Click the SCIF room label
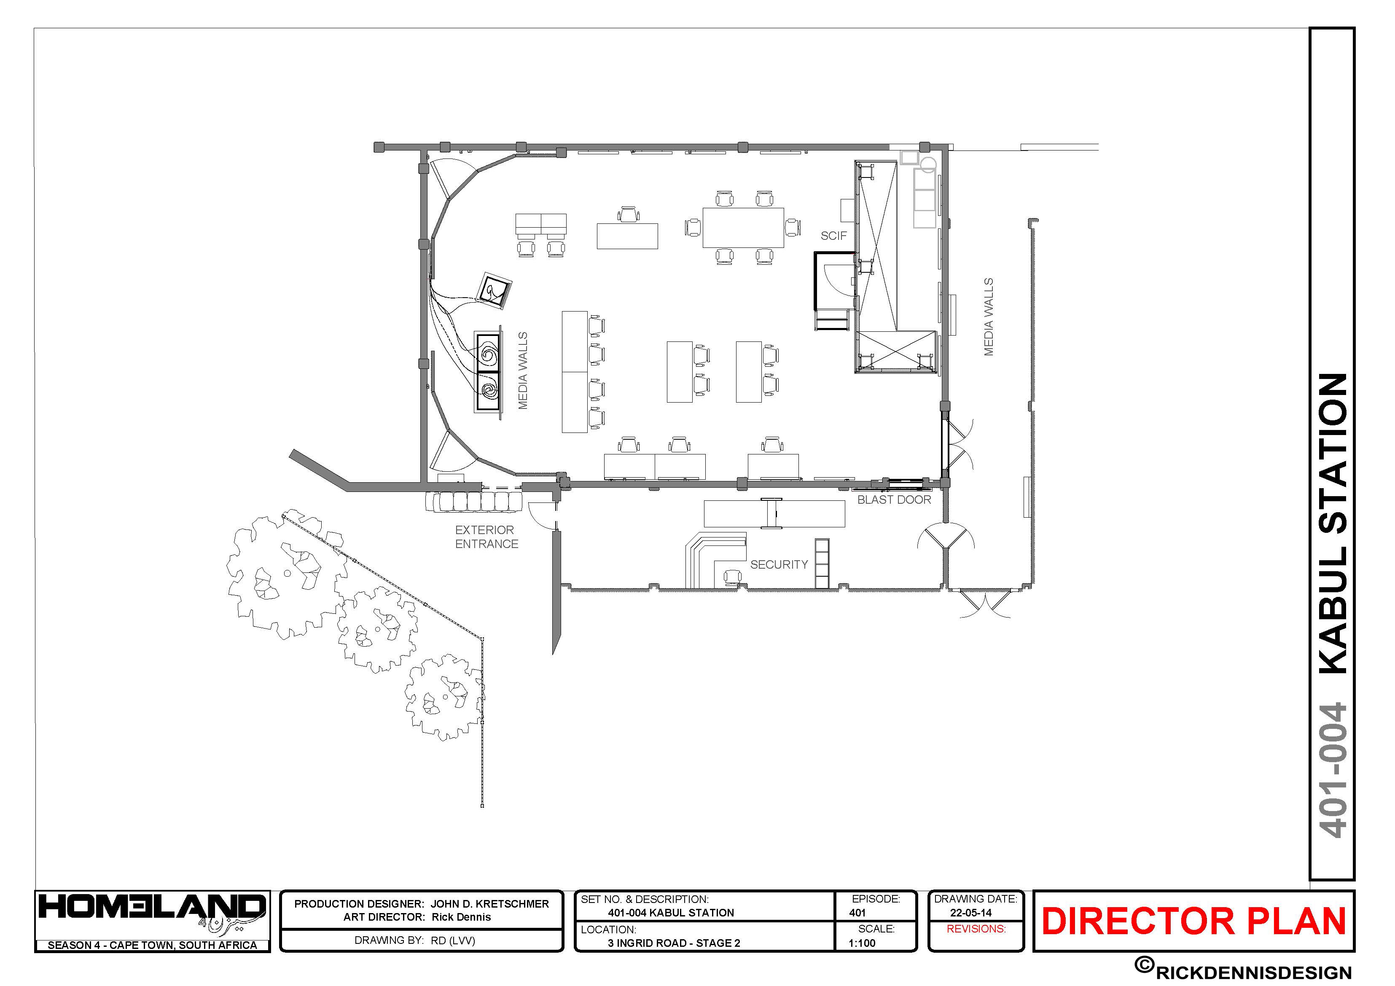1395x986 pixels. coord(833,236)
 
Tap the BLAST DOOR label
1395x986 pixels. coord(894,500)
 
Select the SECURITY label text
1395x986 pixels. coord(779,564)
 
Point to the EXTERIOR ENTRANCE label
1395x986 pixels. coord(487,537)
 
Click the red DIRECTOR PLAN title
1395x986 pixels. coord(1194,921)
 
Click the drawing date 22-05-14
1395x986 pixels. coord(971,913)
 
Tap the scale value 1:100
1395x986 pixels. coord(862,943)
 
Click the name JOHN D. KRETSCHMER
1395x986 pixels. coord(490,904)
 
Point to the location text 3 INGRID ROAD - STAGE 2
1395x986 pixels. coord(674,943)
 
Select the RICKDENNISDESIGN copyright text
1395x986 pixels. coord(1253,972)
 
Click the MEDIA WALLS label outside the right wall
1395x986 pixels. coord(989,317)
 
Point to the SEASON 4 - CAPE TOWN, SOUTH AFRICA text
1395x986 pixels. coord(152,945)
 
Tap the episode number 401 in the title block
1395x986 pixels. coord(857,913)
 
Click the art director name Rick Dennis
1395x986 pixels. coord(461,917)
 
